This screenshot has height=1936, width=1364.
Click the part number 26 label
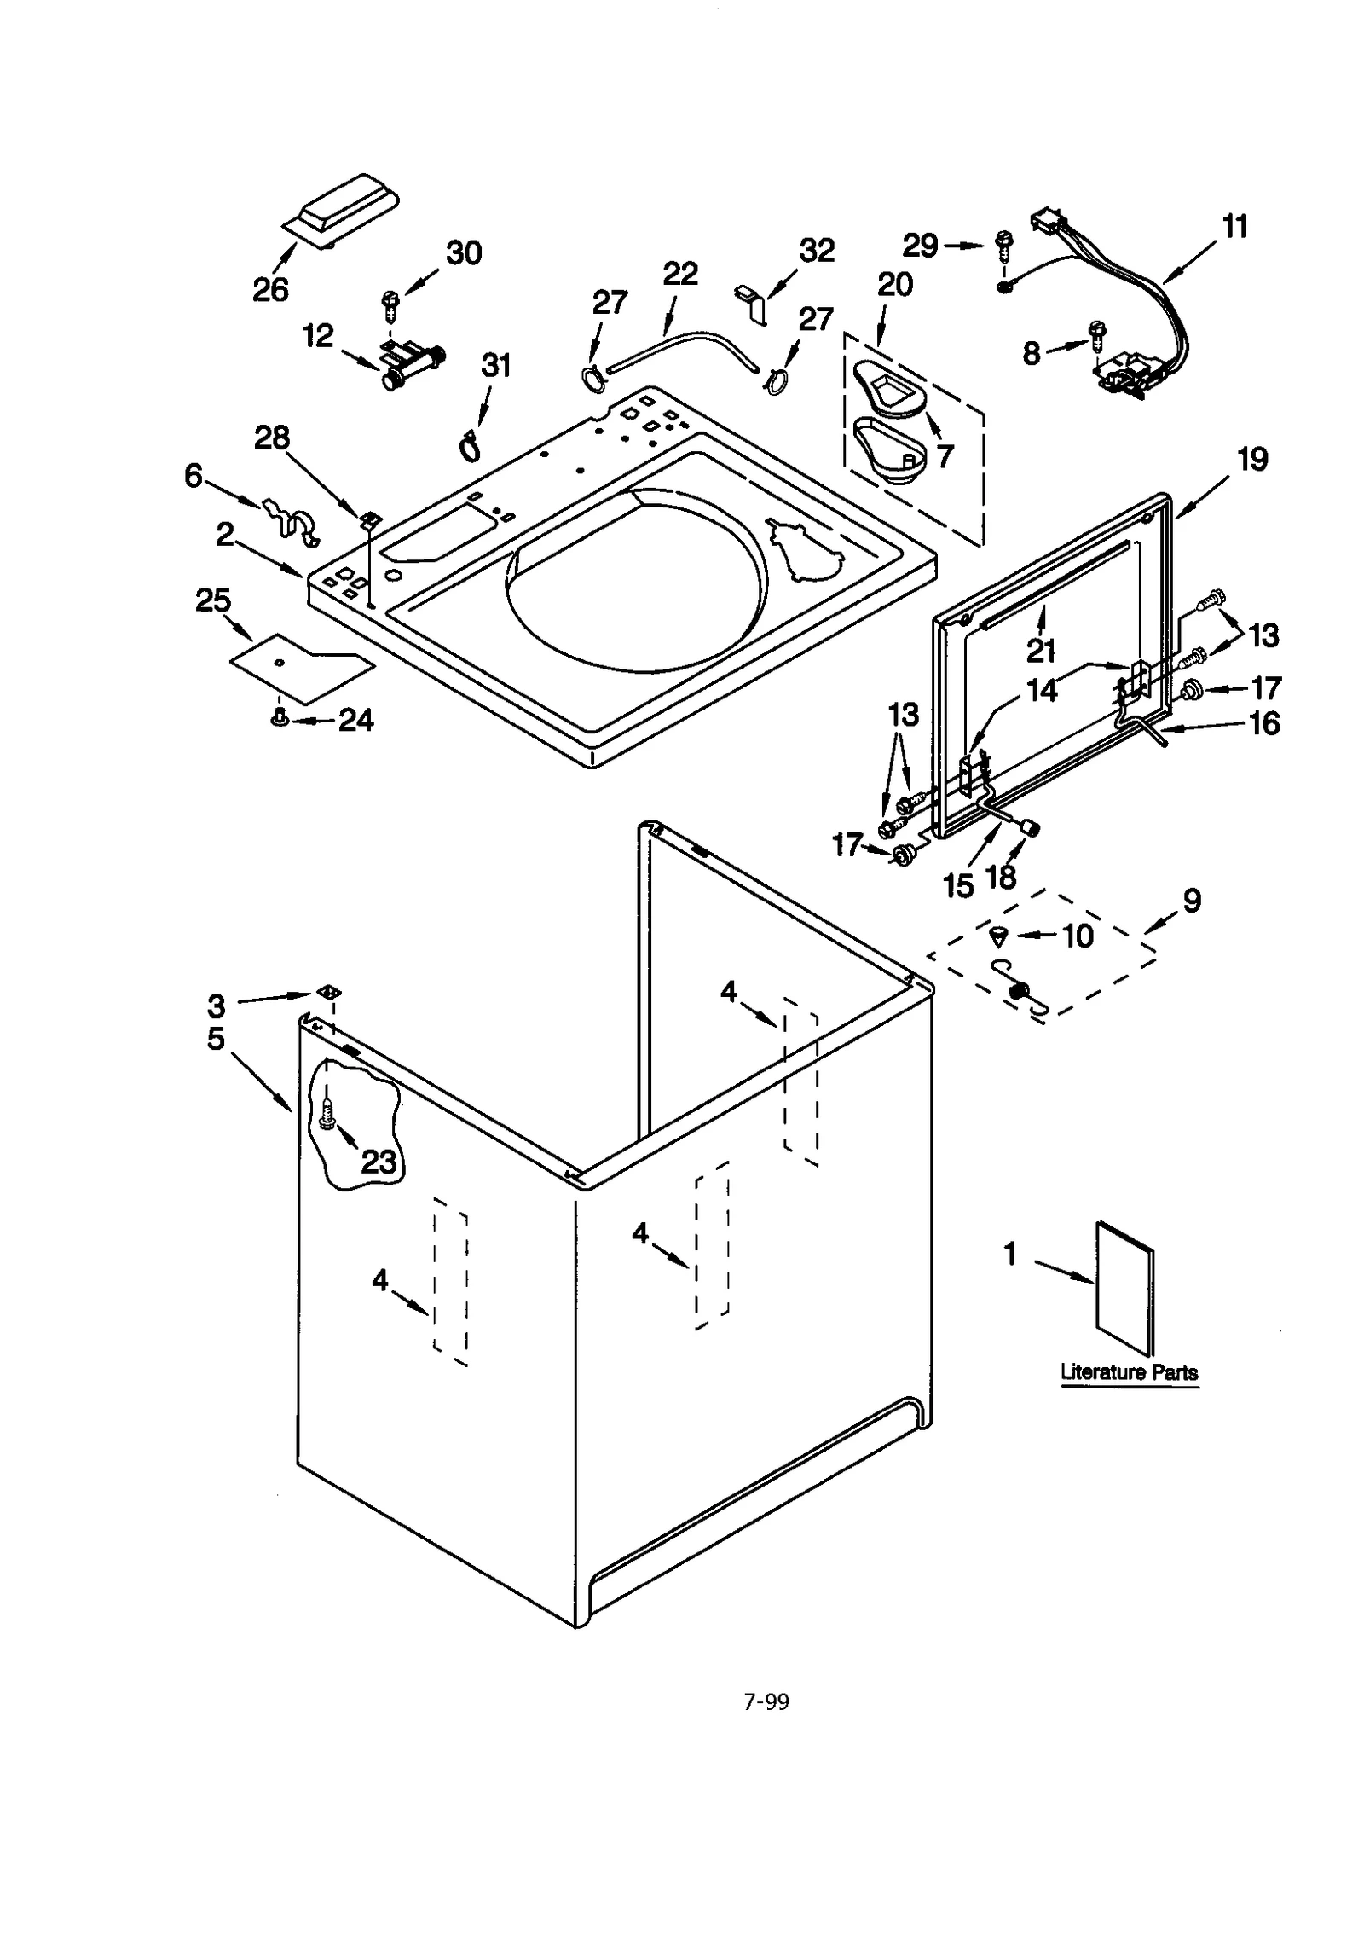pyautogui.click(x=270, y=290)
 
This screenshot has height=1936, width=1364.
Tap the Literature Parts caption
pyautogui.click(x=1129, y=1372)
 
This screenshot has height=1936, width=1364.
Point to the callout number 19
pyautogui.click(x=1251, y=460)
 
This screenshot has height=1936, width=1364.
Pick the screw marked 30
pyautogui.click(x=391, y=300)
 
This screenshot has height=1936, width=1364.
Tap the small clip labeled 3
pyautogui.click(x=327, y=991)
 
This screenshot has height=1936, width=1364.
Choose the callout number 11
pyautogui.click(x=1234, y=228)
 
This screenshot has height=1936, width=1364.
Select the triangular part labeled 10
pyautogui.click(x=999, y=936)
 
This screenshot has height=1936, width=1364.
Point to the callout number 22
pyautogui.click(x=680, y=274)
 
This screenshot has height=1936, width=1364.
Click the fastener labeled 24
pyautogui.click(x=277, y=719)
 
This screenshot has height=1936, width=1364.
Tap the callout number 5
pyautogui.click(x=216, y=1038)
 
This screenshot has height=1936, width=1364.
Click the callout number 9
pyautogui.click(x=1191, y=900)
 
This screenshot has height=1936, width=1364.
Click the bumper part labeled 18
pyautogui.click(x=1031, y=826)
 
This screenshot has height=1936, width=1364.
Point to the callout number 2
pyautogui.click(x=224, y=535)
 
